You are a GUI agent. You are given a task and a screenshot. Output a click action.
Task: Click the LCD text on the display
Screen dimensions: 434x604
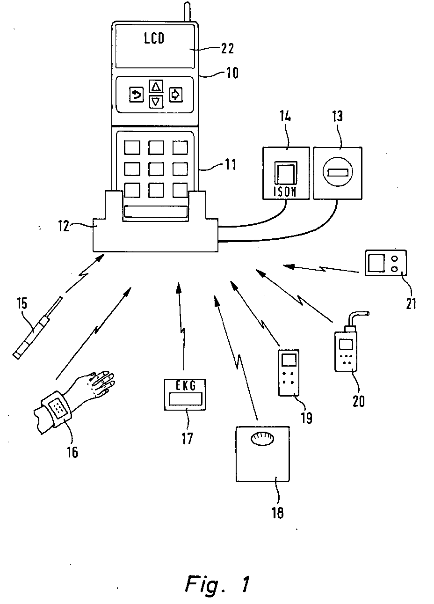pos(154,38)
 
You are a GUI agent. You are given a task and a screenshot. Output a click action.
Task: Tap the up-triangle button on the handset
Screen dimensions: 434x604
pos(156,87)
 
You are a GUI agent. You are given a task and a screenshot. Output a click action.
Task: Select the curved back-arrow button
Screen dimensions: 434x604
pos(136,95)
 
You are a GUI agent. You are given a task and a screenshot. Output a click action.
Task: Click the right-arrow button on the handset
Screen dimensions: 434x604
pos(176,95)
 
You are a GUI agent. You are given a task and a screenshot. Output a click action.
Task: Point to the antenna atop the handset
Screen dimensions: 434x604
pos(187,11)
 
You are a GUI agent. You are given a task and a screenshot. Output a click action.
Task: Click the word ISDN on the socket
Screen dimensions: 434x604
pos(285,192)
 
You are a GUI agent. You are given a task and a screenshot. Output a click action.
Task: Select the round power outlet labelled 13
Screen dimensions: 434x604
pos(338,172)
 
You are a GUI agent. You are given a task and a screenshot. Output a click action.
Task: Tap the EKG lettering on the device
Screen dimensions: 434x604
pos(186,386)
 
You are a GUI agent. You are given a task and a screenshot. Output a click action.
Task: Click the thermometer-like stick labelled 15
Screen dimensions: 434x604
pos(37,328)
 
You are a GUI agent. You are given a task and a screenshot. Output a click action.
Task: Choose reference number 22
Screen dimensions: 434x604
pos(228,49)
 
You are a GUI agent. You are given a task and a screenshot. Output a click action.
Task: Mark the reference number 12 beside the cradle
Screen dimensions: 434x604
pos(64,226)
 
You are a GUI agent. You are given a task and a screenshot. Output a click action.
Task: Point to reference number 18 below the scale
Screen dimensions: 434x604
pos(278,512)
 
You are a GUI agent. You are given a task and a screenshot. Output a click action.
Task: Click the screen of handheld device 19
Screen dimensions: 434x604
pos(289,360)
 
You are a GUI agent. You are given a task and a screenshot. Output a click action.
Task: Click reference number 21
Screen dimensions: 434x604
pos(411,303)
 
